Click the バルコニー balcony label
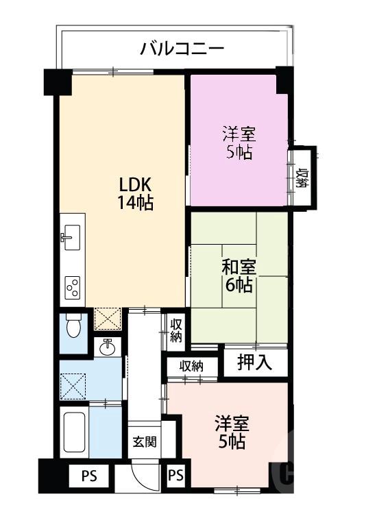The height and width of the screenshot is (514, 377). pyautogui.click(x=182, y=49)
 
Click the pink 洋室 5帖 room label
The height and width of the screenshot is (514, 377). pyautogui.click(x=238, y=142)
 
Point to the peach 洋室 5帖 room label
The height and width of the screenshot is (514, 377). pyautogui.click(x=230, y=432)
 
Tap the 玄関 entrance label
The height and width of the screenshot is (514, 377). pyautogui.click(x=144, y=441)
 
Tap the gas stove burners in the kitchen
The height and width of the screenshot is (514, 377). pyautogui.click(x=71, y=289)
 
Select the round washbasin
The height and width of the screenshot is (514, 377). pyautogui.click(x=108, y=347)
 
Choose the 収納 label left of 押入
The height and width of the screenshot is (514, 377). pyautogui.click(x=192, y=366)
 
